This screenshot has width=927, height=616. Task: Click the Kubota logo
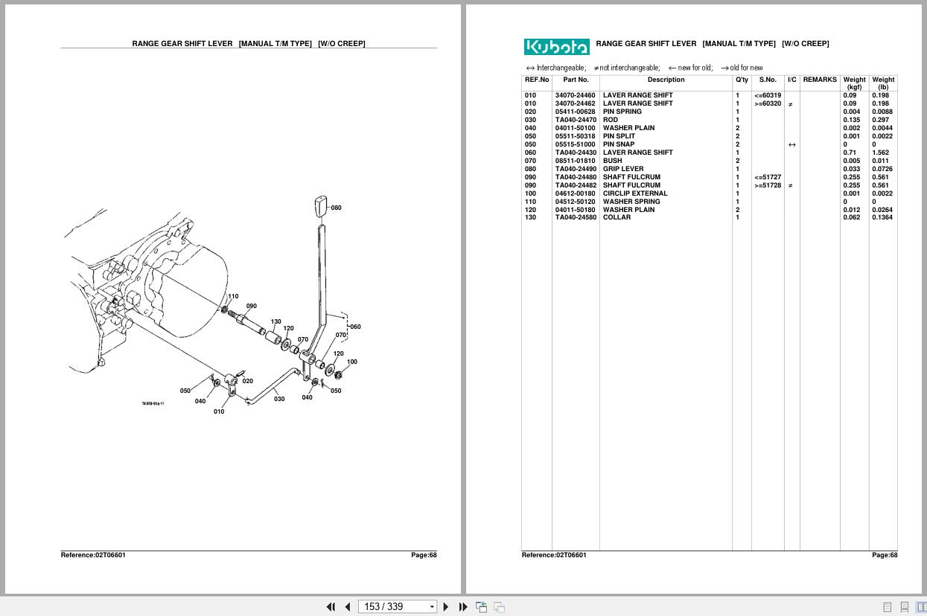pos(556,47)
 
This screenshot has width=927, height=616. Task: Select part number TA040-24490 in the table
pos(576,169)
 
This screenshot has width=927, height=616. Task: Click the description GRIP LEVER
pos(622,169)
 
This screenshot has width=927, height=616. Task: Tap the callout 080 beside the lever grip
pos(336,208)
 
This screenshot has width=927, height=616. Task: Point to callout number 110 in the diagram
pos(233,296)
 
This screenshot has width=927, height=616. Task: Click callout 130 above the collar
pos(275,322)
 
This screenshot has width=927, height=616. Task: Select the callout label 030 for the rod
pos(279,399)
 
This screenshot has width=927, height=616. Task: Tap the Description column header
pos(666,80)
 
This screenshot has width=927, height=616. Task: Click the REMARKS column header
pos(820,80)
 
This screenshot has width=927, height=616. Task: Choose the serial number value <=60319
pos(767,95)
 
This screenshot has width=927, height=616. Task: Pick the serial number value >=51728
pos(767,185)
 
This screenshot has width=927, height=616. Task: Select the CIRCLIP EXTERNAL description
pos(634,193)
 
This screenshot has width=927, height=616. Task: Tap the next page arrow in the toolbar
pos(446,606)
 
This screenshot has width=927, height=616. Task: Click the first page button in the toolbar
pos(331,606)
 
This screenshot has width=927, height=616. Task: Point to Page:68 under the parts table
pos(885,555)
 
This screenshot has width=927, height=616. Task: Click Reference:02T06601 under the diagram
pos(93,555)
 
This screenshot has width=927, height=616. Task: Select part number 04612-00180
pos(576,193)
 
